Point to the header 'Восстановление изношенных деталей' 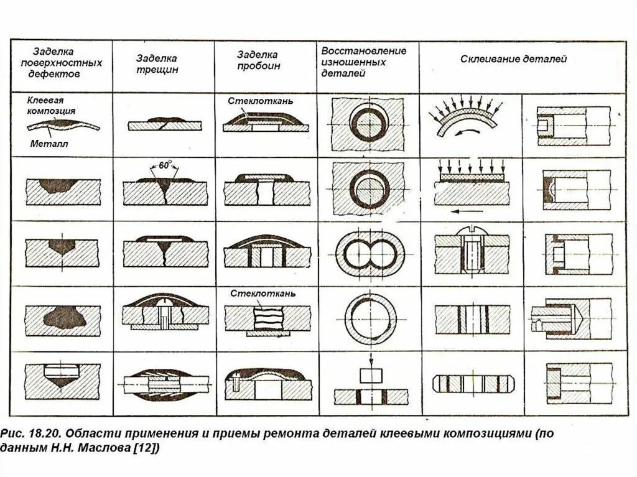click(363, 61)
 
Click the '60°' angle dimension click(165, 166)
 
